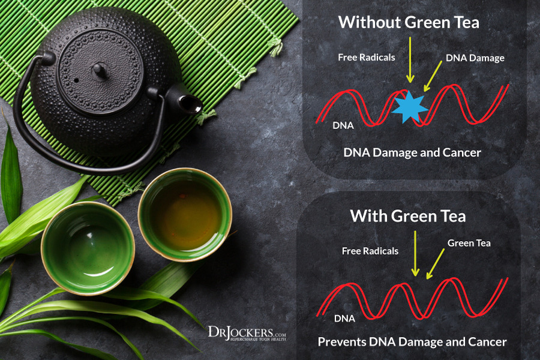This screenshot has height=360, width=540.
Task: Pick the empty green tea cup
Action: point(88,247)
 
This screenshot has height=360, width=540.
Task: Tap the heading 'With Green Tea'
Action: point(407,215)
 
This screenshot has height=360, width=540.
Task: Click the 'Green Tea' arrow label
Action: point(469,242)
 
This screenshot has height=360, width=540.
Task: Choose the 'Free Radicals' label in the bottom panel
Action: point(370,251)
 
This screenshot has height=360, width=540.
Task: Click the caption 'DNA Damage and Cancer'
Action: point(412,152)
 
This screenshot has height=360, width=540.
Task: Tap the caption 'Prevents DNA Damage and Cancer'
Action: point(412,342)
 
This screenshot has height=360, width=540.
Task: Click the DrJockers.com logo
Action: point(247,332)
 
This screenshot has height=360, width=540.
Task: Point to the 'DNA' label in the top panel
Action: point(343,126)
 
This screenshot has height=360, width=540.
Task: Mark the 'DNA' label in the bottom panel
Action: point(344,317)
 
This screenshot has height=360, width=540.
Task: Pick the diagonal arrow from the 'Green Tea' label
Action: point(435,264)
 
